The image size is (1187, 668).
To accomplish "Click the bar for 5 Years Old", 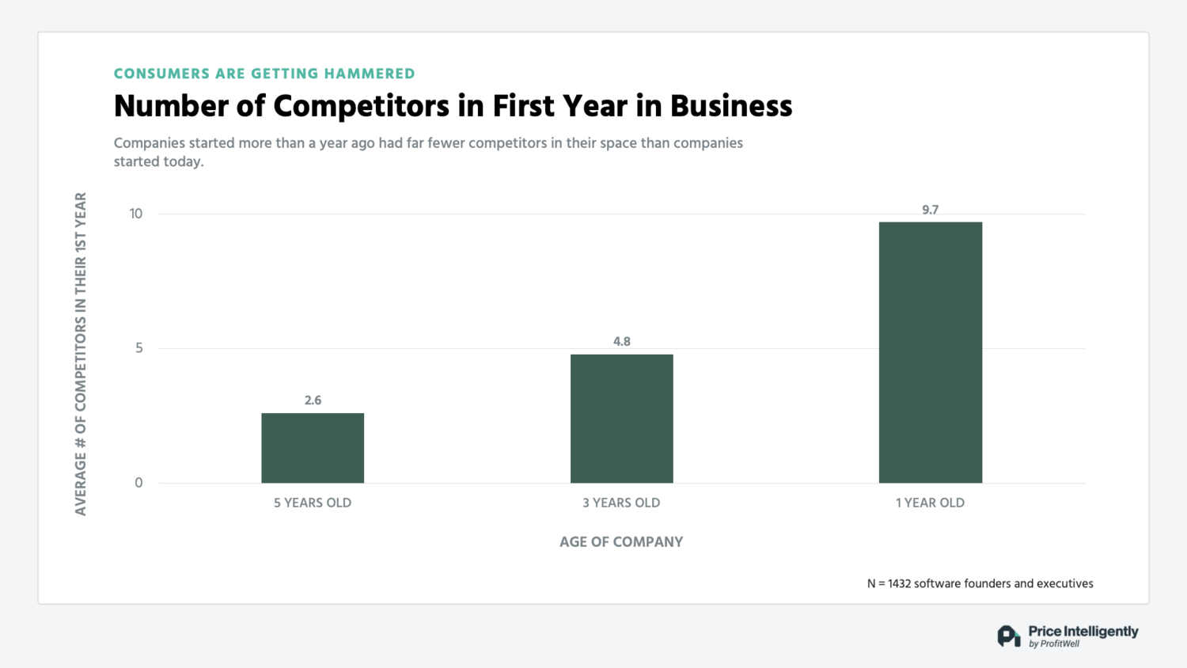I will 313,448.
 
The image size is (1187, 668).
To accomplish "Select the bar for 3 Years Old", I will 621,419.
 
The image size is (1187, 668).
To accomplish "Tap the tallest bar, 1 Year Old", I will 930,352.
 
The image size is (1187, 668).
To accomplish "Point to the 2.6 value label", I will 313,400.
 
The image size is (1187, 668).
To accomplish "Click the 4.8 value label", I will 621,342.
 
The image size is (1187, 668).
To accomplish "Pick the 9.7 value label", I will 930,210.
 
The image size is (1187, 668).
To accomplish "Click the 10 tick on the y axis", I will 136,214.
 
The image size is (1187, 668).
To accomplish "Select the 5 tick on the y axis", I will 139,348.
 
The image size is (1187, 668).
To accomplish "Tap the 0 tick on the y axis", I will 139,483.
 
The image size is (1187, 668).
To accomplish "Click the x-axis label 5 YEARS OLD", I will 313,503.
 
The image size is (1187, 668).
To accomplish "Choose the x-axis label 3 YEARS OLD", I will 621,503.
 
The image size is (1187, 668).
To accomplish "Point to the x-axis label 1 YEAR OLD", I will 930,503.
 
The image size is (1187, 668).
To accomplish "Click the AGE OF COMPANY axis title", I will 621,542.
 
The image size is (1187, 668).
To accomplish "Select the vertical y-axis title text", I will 81,354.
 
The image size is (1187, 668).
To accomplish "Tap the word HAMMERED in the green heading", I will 369,74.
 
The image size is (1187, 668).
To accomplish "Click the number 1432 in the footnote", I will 900,584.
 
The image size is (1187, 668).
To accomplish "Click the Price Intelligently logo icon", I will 1008,636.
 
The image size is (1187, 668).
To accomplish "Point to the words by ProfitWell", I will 1054,644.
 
